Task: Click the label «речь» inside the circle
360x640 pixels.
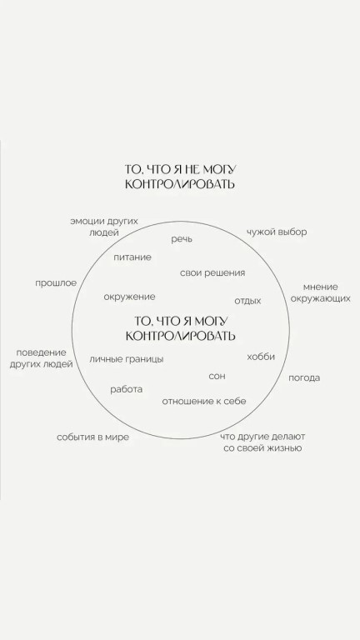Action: tap(182, 240)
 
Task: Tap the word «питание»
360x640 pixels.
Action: tap(132, 257)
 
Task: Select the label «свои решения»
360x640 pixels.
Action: tap(212, 273)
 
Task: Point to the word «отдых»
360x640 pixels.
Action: tap(247, 301)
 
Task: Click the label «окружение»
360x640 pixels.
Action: tap(129, 297)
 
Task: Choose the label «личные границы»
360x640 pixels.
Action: tap(127, 359)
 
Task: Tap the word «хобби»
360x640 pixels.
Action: tap(261, 357)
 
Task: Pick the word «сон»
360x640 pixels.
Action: tap(217, 377)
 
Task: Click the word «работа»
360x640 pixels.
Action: tap(127, 389)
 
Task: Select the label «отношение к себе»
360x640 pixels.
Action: tap(204, 401)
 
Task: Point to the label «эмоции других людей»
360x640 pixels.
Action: tap(104, 227)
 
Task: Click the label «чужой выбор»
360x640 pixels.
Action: tap(277, 232)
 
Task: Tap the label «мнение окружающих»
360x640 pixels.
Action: tap(320, 292)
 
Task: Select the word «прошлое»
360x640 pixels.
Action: tap(56, 283)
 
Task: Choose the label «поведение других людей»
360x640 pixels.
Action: tap(41, 358)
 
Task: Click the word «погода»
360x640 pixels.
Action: tap(304, 378)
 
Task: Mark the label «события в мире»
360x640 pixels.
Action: tap(92, 437)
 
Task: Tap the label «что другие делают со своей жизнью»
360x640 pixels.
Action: tap(262, 442)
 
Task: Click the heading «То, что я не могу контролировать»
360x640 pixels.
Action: tap(180, 177)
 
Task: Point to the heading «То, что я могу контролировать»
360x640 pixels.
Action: tap(180, 328)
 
